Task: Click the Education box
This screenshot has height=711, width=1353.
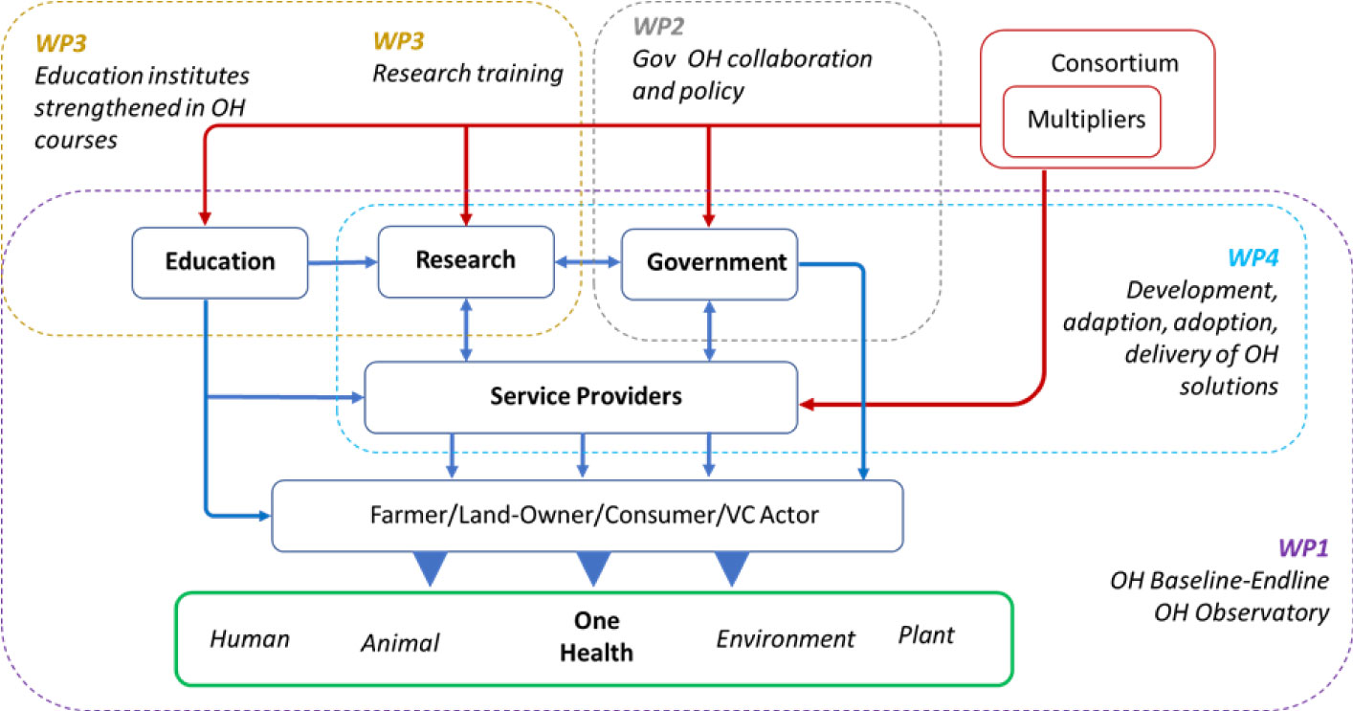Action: tap(219, 261)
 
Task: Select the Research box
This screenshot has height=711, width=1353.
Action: tap(466, 260)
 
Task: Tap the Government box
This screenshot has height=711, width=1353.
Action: tap(709, 261)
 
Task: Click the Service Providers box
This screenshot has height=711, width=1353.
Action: tap(581, 396)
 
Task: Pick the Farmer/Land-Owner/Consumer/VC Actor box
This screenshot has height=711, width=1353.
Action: tap(588, 516)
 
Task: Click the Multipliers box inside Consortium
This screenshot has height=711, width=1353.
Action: tap(1081, 120)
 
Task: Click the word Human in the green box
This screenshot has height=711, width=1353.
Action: tap(250, 637)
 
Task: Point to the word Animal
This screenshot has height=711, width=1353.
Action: tap(400, 643)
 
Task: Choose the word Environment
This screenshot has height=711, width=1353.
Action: tap(786, 638)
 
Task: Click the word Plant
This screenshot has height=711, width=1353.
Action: tap(926, 635)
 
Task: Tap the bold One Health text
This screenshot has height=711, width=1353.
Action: tap(596, 636)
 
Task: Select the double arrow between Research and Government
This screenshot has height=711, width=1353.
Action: tap(588, 261)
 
